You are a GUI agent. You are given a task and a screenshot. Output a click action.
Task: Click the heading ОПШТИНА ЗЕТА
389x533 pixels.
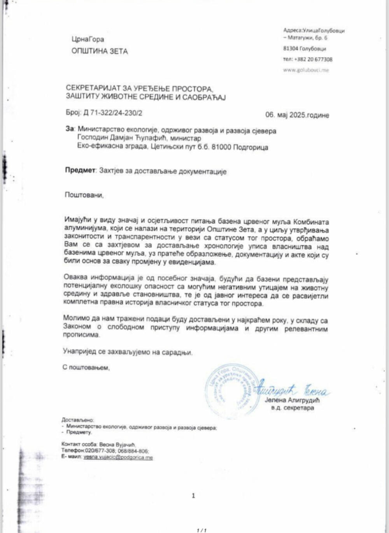pyautogui.click(x=100, y=51)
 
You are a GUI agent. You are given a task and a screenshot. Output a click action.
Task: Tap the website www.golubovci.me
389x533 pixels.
pyautogui.click(x=306, y=70)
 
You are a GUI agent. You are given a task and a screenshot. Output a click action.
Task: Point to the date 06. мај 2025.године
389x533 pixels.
pyautogui.click(x=297, y=115)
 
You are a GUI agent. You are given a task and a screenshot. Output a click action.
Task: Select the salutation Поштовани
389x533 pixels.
pyautogui.click(x=84, y=195)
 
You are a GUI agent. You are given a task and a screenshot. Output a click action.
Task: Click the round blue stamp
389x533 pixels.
pyautogui.click(x=233, y=391)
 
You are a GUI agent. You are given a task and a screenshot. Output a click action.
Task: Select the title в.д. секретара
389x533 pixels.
pyautogui.click(x=293, y=408)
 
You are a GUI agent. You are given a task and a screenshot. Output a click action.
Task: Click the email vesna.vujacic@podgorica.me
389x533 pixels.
pyautogui.click(x=118, y=457)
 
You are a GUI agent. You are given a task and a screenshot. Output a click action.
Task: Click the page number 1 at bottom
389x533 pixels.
pyautogui.click(x=193, y=496)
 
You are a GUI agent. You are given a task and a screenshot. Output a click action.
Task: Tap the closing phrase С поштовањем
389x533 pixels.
pyautogui.click(x=86, y=367)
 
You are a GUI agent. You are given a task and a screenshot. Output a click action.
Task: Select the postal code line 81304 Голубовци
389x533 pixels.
pyautogui.click(x=305, y=49)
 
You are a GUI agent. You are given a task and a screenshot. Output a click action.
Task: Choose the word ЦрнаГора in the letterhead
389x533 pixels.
pyautogui.click(x=88, y=39)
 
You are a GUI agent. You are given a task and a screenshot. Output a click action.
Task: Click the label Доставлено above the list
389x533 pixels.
pyautogui.click(x=77, y=420)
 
